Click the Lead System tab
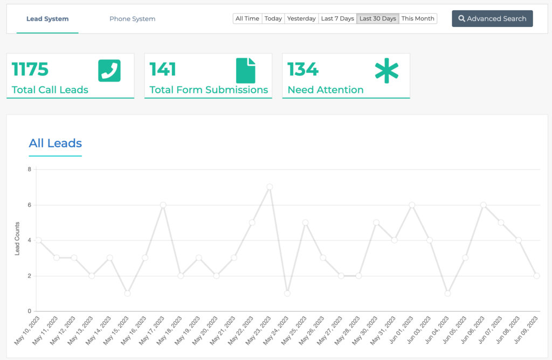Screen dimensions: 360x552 [47, 19]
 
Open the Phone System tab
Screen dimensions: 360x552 [132, 19]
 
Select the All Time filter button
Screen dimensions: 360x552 [247, 18]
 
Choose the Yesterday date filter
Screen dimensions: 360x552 [301, 18]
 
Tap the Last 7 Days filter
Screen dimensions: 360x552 [337, 18]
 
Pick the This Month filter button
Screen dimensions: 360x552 [418, 18]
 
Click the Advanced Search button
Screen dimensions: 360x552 [492, 18]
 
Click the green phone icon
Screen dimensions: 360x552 [109, 71]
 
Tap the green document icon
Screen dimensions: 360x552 [246, 71]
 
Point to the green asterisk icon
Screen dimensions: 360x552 [387, 71]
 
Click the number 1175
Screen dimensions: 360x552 [30, 70]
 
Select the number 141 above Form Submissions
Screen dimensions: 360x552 [163, 70]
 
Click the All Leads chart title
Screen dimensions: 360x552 [56, 143]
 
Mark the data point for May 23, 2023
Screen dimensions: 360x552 [270, 187]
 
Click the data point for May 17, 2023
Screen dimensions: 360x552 [163, 205]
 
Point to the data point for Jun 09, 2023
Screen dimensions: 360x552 [536, 275]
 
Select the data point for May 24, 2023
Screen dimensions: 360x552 [287, 293]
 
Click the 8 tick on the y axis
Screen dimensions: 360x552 [30, 169]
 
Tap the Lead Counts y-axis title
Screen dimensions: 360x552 [17, 238]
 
